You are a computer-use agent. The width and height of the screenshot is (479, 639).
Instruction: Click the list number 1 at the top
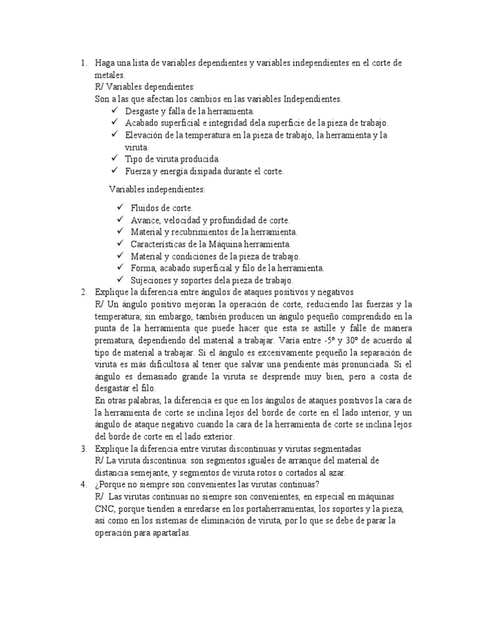coord(83,63)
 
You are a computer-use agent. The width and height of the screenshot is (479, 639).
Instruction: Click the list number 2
coord(84,291)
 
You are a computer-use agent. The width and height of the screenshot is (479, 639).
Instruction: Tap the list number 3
coord(84,449)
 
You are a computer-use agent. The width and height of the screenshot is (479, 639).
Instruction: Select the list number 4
coord(84,484)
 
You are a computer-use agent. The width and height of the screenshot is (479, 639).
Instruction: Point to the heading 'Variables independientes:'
coord(157,188)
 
